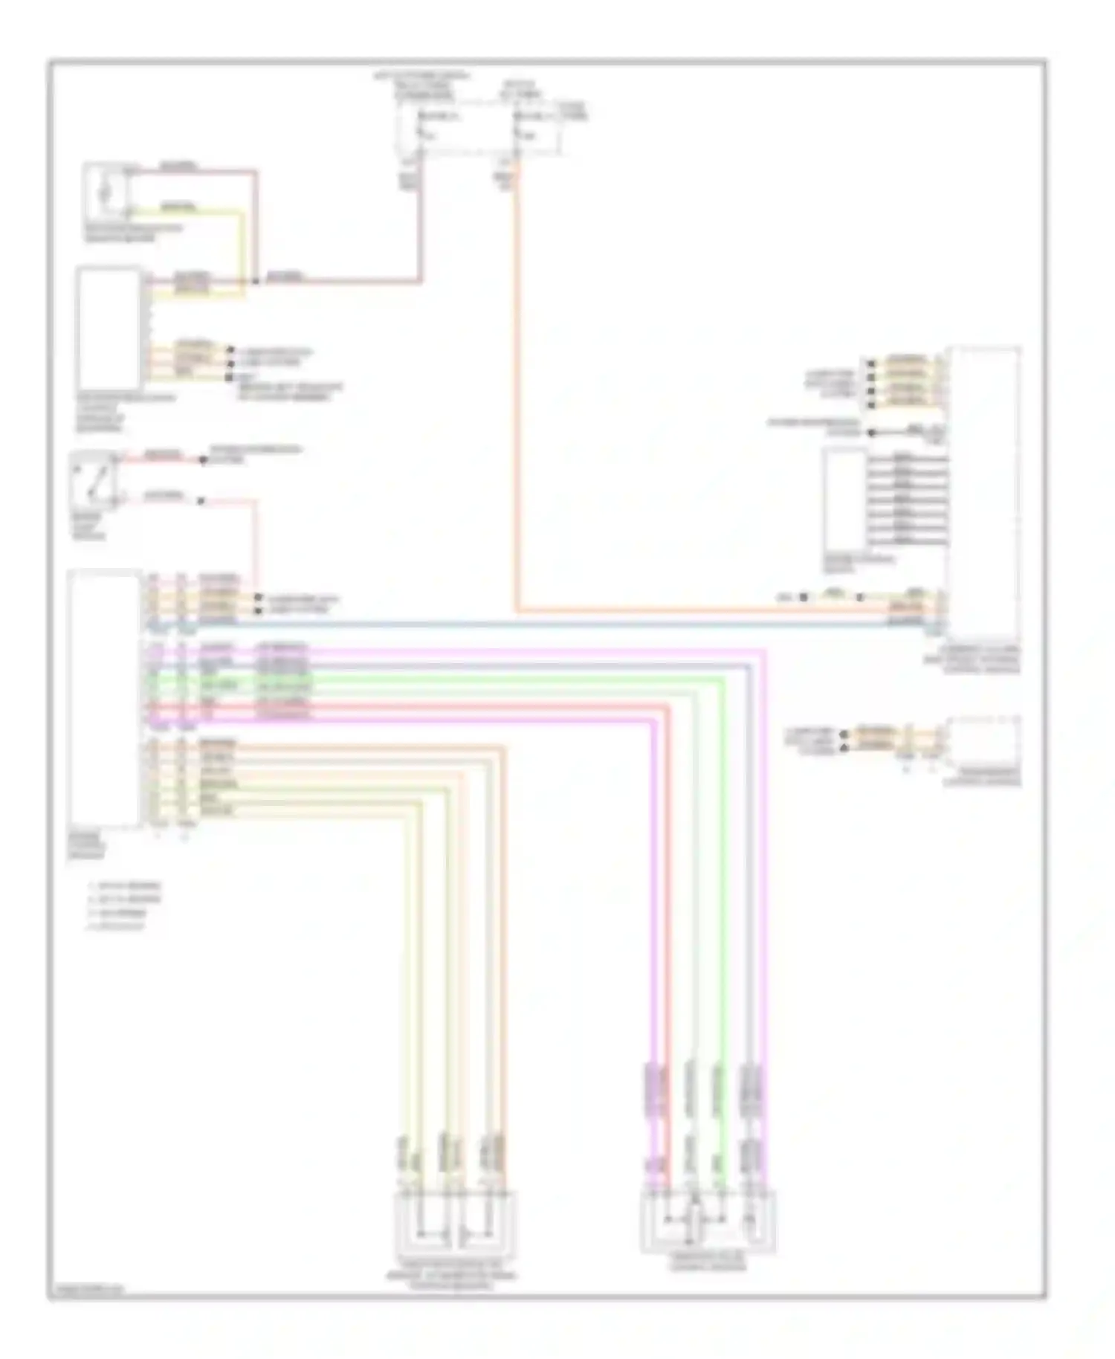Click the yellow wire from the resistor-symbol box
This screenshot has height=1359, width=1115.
(x=242, y=245)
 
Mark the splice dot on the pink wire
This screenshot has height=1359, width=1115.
(x=255, y=281)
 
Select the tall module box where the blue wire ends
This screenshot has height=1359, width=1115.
(x=983, y=491)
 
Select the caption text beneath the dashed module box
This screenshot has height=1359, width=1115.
(x=982, y=777)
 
